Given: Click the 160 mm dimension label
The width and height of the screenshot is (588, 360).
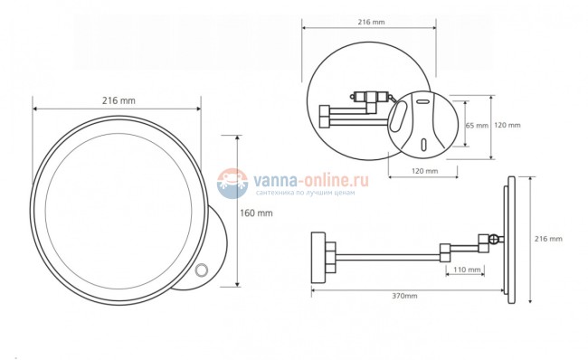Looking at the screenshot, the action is pyautogui.click(x=256, y=213).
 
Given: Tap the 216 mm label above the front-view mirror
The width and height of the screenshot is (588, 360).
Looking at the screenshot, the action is pyautogui.click(x=119, y=100).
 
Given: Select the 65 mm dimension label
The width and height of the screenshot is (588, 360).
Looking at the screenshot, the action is pyautogui.click(x=477, y=126).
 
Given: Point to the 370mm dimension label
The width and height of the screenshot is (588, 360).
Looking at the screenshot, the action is pyautogui.click(x=404, y=296).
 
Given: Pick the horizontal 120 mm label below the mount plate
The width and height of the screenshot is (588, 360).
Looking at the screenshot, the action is pyautogui.click(x=424, y=171).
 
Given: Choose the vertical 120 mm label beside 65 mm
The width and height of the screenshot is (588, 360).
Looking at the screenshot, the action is pyautogui.click(x=507, y=125).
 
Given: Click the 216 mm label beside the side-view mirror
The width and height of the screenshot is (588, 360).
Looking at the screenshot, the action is pyautogui.click(x=548, y=239).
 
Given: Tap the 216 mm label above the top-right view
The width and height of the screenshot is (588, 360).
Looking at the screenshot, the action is pyautogui.click(x=371, y=22).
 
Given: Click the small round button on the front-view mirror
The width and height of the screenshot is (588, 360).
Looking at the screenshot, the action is pyautogui.click(x=202, y=270).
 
